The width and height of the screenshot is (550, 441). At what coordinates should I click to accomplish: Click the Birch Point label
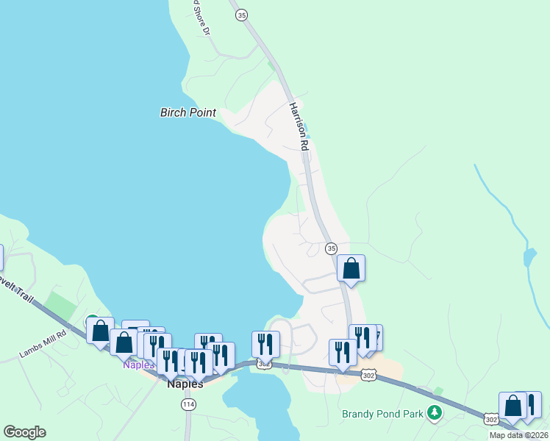tap(188, 112)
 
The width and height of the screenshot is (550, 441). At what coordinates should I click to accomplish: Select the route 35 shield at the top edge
tap(240, 13)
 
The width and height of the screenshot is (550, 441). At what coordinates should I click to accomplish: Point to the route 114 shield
tap(188, 404)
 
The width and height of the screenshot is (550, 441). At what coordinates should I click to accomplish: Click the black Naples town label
tap(185, 384)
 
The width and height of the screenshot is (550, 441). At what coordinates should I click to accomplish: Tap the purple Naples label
tap(138, 365)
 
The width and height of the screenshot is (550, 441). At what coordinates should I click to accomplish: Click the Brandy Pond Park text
tap(382, 414)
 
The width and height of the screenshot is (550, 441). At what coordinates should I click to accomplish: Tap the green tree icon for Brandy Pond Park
tap(435, 413)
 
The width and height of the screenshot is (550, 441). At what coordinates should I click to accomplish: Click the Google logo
tap(24, 432)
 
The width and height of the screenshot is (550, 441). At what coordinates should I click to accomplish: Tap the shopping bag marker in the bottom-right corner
tap(512, 406)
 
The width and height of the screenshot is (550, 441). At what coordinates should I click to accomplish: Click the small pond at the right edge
tap(529, 257)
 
